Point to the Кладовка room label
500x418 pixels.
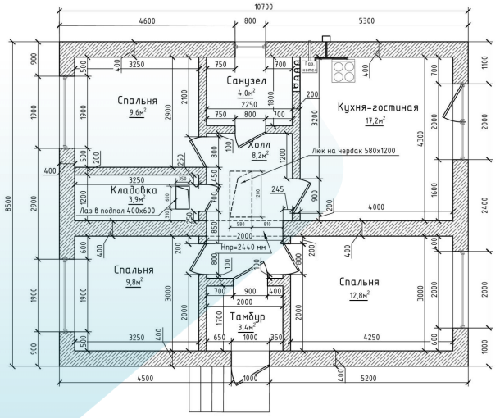(x=134, y=189)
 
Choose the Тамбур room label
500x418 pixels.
(x=247, y=316)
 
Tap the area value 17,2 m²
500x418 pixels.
(x=375, y=120)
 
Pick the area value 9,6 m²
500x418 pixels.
(x=135, y=114)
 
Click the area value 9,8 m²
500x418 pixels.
(x=134, y=282)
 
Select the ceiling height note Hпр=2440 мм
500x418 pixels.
(x=244, y=246)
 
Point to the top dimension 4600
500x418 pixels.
(x=148, y=20)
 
